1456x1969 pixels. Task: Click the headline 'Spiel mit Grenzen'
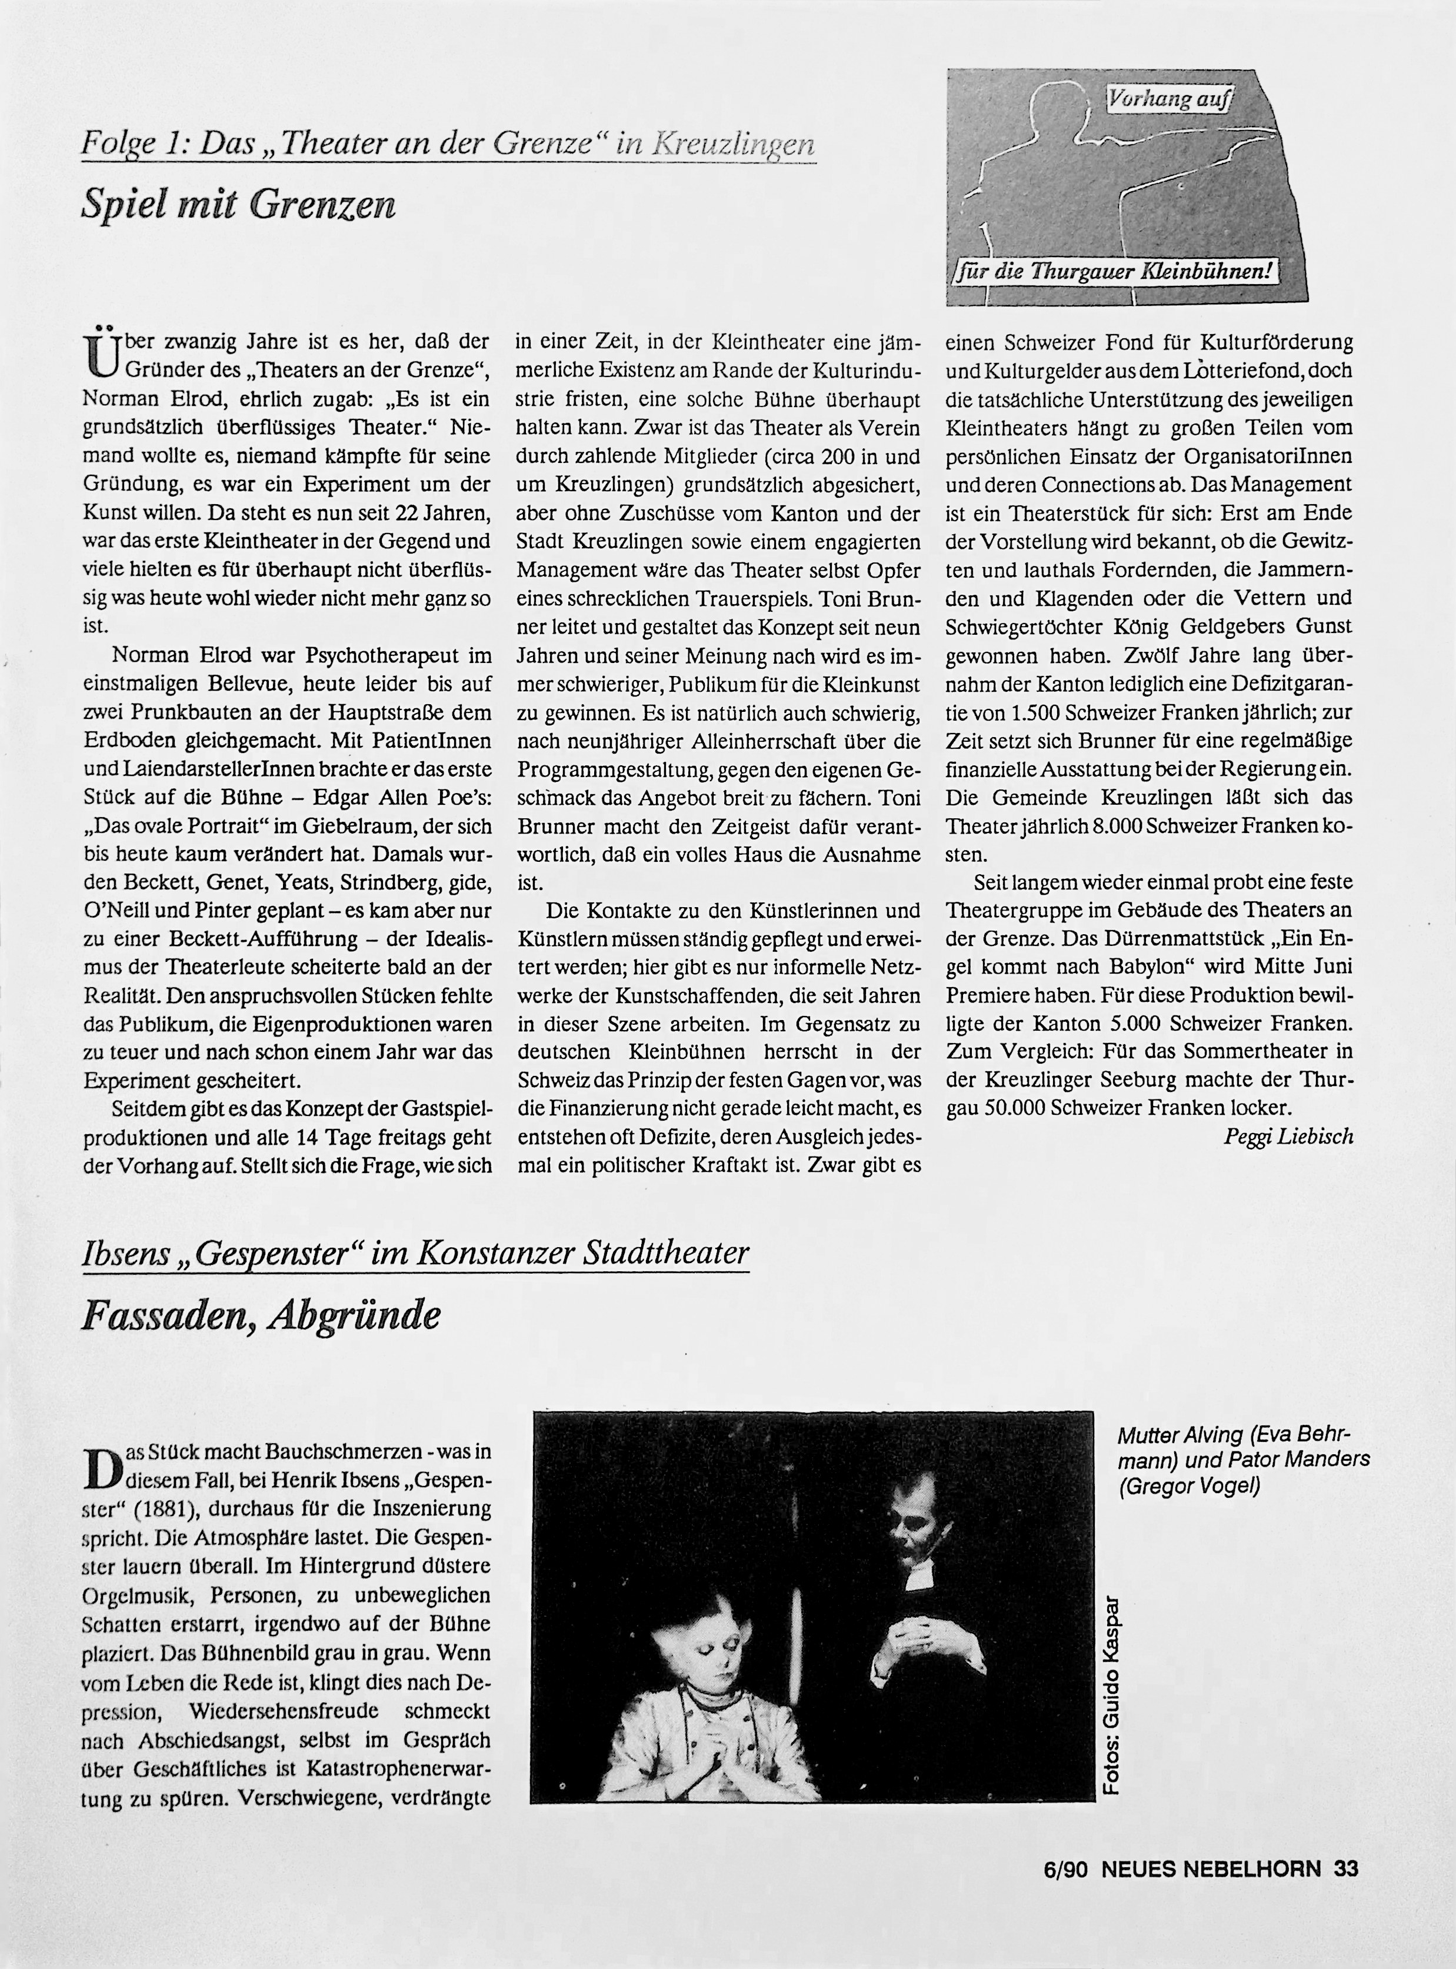tap(238, 205)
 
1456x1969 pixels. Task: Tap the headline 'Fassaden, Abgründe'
tap(260, 1316)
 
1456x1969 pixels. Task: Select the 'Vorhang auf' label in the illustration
tap(1168, 99)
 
